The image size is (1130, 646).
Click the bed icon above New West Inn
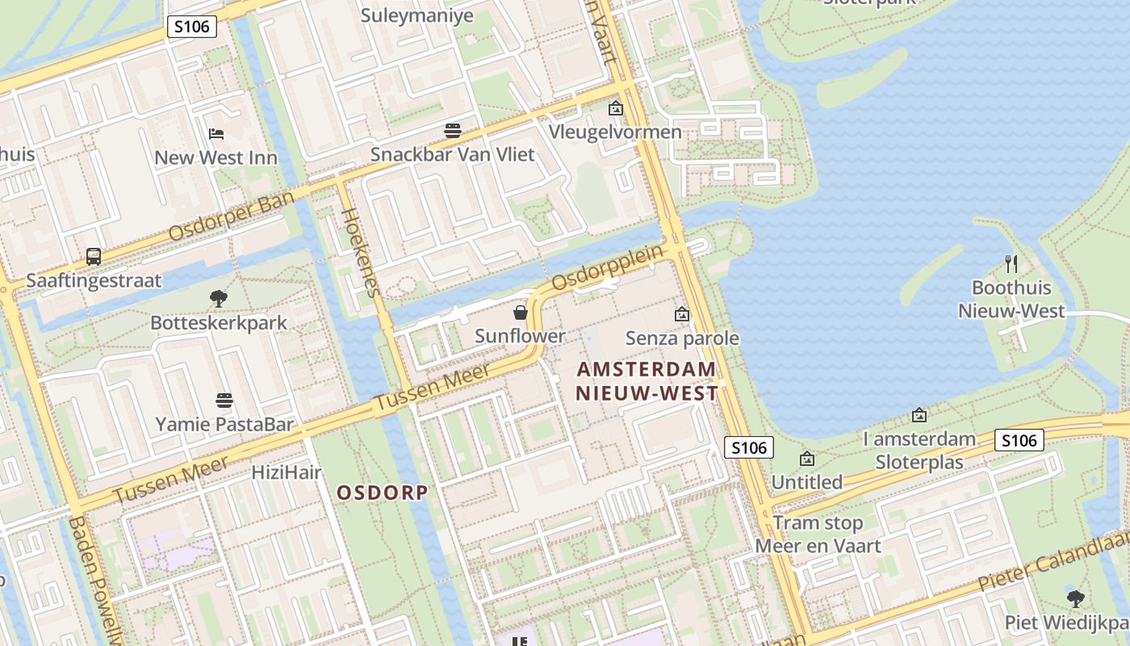point(216,133)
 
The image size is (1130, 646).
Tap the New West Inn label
point(216,157)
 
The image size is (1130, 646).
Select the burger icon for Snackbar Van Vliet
point(452,131)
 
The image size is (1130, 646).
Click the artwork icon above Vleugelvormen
point(616,108)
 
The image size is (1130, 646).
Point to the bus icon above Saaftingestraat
point(94,257)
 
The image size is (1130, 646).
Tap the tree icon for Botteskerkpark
point(218,299)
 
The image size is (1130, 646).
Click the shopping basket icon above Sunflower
point(521,313)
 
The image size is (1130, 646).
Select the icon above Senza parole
point(682,314)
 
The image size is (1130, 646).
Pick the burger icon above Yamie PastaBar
point(224,400)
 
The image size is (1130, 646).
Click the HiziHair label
point(287,472)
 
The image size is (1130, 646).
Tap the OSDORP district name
point(382,493)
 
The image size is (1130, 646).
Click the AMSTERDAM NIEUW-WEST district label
point(647,381)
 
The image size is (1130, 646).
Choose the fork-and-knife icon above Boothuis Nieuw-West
point(1011,263)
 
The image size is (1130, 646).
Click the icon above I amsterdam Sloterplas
point(919,415)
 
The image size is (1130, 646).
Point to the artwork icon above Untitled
point(807,459)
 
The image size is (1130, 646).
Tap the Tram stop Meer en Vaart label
point(818,534)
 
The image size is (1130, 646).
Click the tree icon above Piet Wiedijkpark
point(1075,598)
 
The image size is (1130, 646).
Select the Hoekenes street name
point(360,252)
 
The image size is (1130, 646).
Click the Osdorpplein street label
point(608,267)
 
